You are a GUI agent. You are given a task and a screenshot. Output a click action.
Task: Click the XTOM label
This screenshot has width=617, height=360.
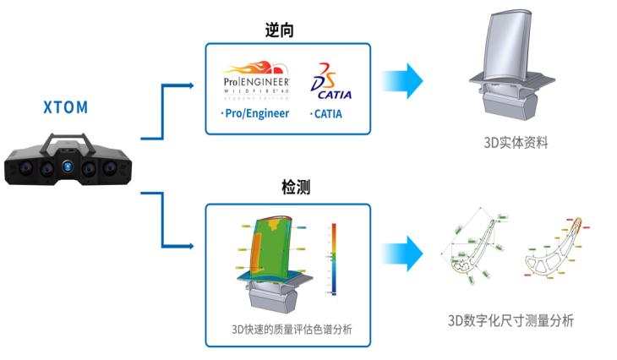pos(65,108)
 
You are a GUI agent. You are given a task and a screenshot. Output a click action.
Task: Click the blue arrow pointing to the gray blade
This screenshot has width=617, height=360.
pos(402,80)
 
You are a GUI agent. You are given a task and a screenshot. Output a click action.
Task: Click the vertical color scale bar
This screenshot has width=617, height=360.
pos(335,259)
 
